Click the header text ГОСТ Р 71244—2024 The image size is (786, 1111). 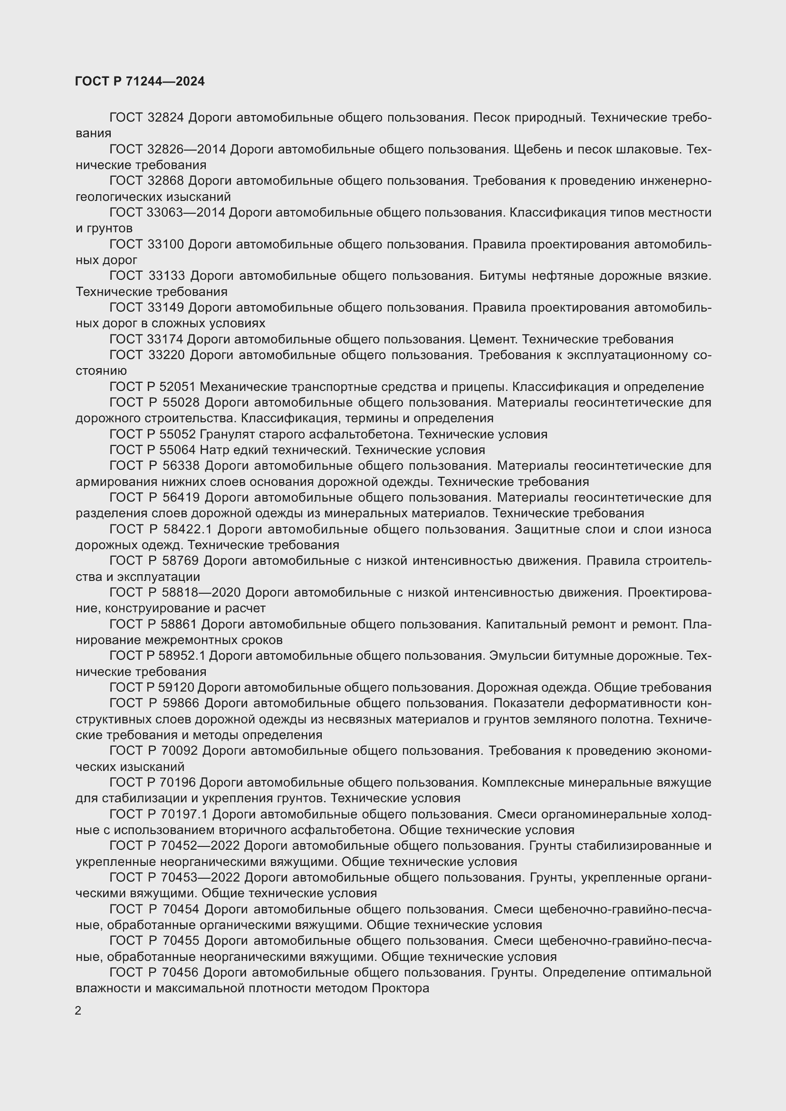[140, 81]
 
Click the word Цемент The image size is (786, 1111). [492, 339]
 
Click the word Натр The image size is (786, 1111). [213, 450]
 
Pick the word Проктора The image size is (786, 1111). [400, 988]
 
